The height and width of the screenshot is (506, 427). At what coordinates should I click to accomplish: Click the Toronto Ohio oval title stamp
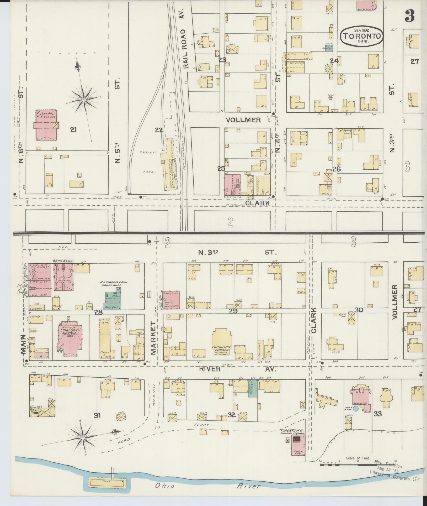point(362,36)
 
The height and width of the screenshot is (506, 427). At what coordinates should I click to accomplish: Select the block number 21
point(73,129)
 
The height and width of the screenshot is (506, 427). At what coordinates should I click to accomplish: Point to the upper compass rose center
point(83,100)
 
